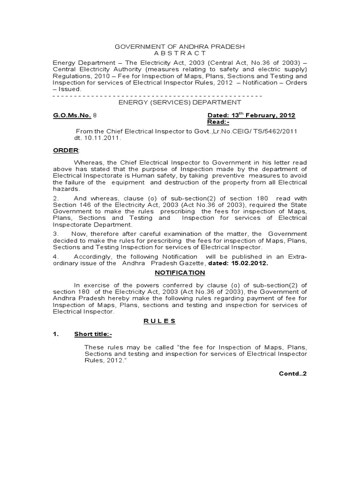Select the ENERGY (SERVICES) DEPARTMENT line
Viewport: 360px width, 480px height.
pyautogui.click(x=180, y=102)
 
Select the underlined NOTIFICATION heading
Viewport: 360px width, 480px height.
pyautogui.click(x=180, y=272)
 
